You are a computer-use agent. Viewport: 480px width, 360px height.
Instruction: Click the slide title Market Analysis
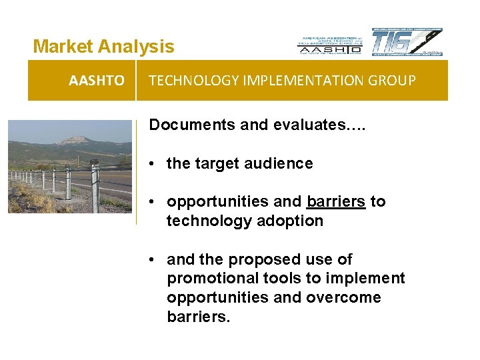pos(103,47)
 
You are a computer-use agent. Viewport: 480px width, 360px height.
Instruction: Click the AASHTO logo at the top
pos(329,44)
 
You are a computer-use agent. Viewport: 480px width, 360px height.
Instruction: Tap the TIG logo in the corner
pos(406,42)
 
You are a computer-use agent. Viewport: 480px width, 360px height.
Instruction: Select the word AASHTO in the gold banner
pos(96,81)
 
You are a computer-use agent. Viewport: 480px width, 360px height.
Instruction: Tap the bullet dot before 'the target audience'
pos(153,164)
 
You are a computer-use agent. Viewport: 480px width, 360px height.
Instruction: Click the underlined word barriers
pos(336,201)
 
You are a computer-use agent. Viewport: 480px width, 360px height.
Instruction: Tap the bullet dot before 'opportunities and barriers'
pos(153,202)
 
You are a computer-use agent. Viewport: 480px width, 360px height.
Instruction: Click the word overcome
pos(344,297)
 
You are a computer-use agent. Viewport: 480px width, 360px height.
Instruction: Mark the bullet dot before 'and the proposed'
pos(153,259)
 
